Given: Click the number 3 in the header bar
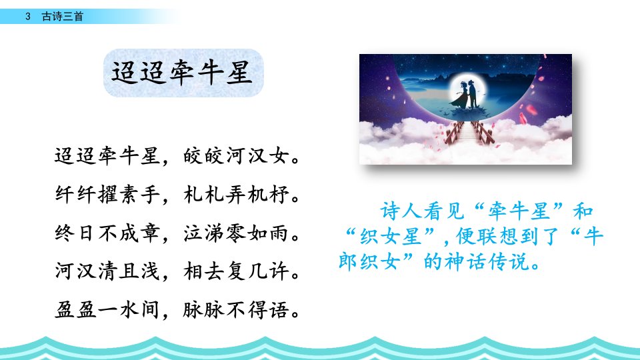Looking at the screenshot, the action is tap(28, 16).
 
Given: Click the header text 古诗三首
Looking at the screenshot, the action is tap(63, 16).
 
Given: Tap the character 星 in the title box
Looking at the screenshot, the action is tap(239, 73).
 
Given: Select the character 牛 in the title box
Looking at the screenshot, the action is tap(211, 73).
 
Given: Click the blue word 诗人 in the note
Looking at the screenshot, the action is tap(401, 211).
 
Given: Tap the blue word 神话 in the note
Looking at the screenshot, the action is tap(465, 261).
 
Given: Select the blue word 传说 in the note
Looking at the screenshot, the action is tap(508, 261).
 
